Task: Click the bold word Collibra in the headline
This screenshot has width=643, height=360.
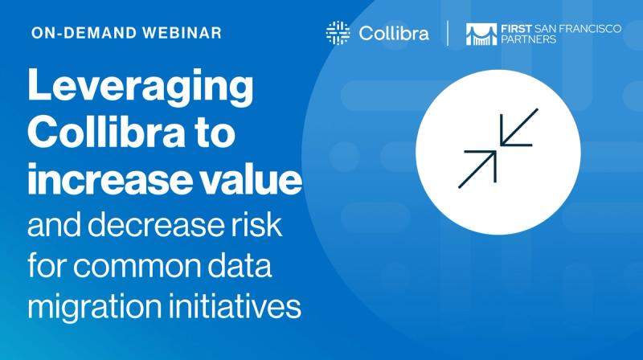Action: click(x=103, y=133)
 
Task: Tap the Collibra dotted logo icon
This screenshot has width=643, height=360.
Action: click(x=338, y=33)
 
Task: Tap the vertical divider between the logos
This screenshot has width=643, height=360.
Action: click(x=448, y=34)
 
